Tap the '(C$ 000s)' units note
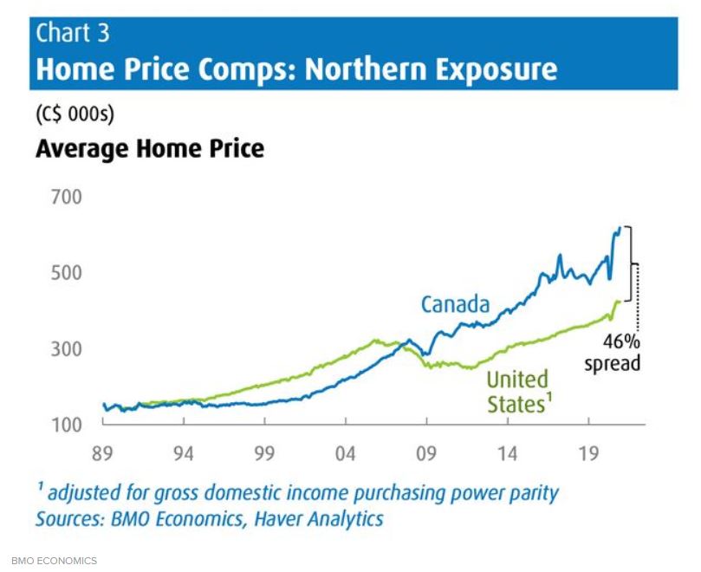click(x=75, y=114)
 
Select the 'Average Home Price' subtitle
click(x=150, y=149)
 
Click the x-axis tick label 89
click(x=103, y=453)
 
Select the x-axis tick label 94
click(x=184, y=453)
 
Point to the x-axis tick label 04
click(x=346, y=453)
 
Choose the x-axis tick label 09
click(x=426, y=453)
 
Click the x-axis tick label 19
click(x=588, y=453)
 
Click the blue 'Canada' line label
click(x=456, y=305)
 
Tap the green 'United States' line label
click(x=518, y=392)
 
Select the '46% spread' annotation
click(x=613, y=351)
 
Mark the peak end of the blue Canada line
click(x=620, y=228)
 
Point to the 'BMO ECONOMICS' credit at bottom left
click(x=54, y=561)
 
